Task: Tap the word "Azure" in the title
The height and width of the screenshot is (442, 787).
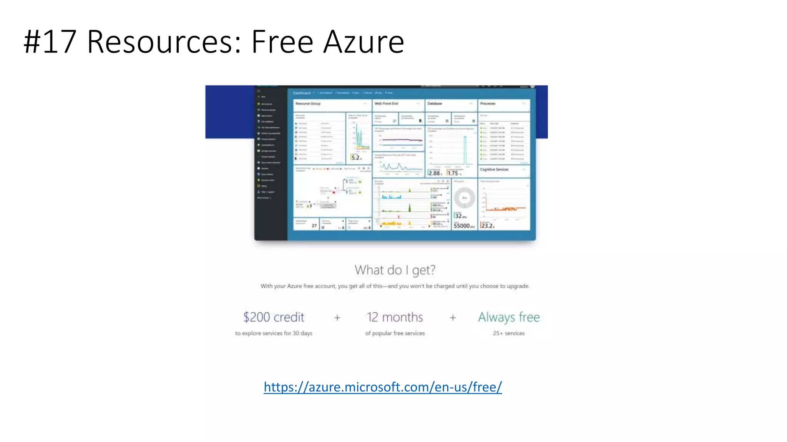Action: [x=364, y=41]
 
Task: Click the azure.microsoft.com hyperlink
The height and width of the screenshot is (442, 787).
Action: [x=382, y=387]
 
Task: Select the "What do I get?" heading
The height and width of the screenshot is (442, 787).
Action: [x=395, y=270]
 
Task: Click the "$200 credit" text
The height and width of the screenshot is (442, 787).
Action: [x=274, y=317]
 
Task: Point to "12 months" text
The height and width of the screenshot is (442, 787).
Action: [x=395, y=317]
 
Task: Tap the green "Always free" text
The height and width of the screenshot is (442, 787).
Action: [x=509, y=317]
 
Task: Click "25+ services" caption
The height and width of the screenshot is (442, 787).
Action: [x=509, y=333]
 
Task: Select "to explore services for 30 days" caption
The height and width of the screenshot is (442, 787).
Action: [x=274, y=333]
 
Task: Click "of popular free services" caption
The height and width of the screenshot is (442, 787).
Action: [x=395, y=333]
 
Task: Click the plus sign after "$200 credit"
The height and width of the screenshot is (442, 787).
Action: [x=337, y=318]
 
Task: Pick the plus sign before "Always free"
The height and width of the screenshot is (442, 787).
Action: [x=453, y=318]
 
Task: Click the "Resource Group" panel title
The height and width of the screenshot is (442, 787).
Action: [x=308, y=104]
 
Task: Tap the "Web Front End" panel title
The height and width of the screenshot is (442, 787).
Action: [x=386, y=104]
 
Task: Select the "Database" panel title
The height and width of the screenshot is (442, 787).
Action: [x=435, y=104]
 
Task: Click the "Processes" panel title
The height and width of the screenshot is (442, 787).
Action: [x=488, y=104]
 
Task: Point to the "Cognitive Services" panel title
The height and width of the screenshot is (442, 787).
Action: [x=494, y=170]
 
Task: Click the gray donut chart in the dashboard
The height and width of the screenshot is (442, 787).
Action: [x=464, y=198]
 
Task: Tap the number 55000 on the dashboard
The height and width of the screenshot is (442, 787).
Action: [x=462, y=226]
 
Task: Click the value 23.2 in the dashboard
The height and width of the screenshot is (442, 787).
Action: [x=487, y=226]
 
